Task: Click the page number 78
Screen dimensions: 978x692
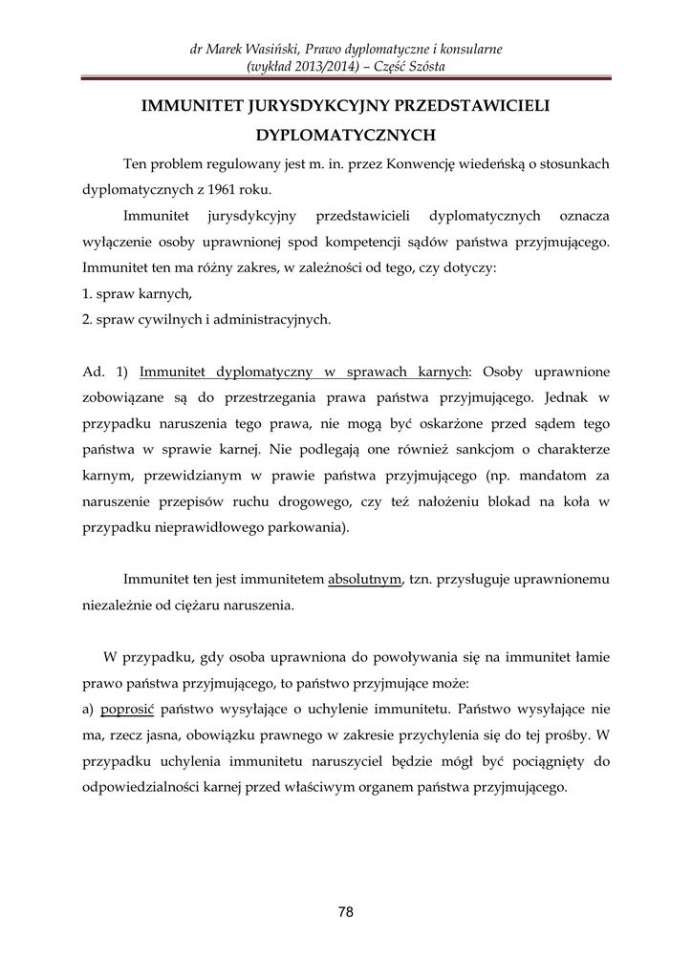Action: point(346,912)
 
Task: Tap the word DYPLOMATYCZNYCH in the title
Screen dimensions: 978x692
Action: point(346,136)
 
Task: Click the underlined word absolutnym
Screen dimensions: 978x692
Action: point(364,579)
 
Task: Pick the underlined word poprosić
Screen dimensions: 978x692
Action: point(128,711)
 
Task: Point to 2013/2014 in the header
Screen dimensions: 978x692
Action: point(320,66)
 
